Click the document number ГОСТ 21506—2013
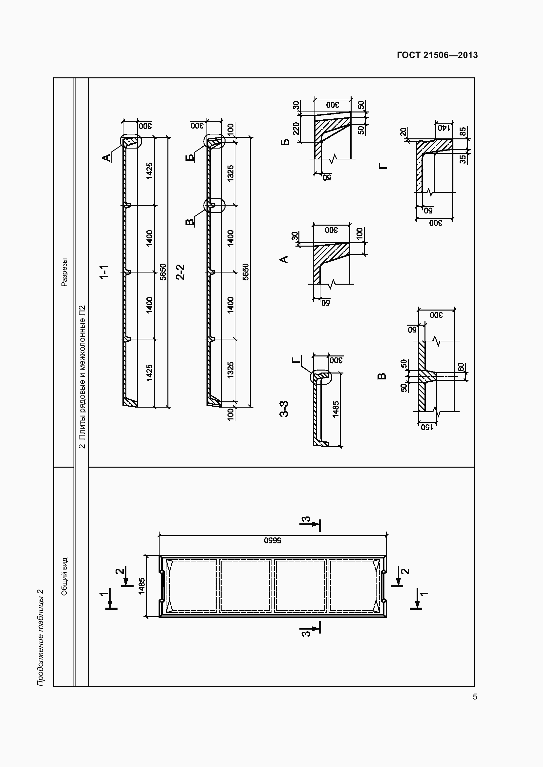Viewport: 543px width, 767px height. click(437, 55)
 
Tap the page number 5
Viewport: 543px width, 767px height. click(475, 697)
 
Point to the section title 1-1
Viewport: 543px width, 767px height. click(104, 272)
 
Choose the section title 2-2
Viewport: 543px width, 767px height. click(180, 272)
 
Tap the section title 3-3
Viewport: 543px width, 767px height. click(284, 409)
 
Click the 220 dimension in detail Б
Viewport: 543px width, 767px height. click(296, 128)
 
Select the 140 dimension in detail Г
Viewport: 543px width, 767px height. click(444, 128)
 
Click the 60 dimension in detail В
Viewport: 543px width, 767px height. click(461, 367)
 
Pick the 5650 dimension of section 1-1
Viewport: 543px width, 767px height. click(163, 272)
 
